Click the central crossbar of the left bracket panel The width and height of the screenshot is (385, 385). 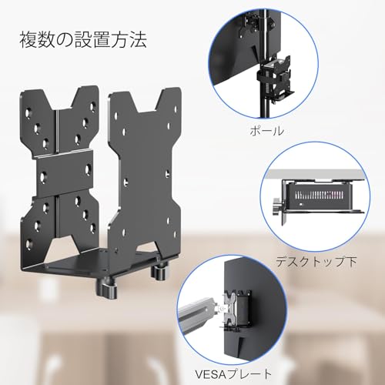click(x=65, y=172)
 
